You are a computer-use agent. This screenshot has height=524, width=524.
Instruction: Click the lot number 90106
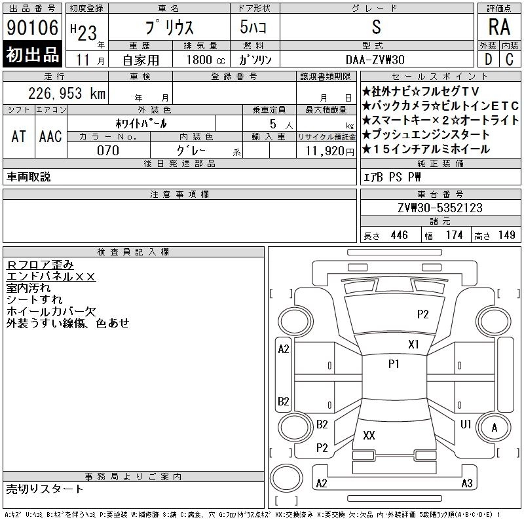click(32, 27)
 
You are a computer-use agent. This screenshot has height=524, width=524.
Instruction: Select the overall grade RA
click(499, 27)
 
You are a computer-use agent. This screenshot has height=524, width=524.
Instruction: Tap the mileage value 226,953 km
click(67, 93)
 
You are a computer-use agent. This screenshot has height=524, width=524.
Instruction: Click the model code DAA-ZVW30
click(375, 60)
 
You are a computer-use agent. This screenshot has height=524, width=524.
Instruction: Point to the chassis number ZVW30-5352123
click(440, 208)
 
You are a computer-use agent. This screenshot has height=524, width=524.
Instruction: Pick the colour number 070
click(108, 151)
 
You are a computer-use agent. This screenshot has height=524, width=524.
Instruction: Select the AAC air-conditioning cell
click(51, 136)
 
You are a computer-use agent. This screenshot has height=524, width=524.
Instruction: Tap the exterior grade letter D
click(488, 60)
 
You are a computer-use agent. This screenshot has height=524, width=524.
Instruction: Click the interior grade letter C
click(510, 60)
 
